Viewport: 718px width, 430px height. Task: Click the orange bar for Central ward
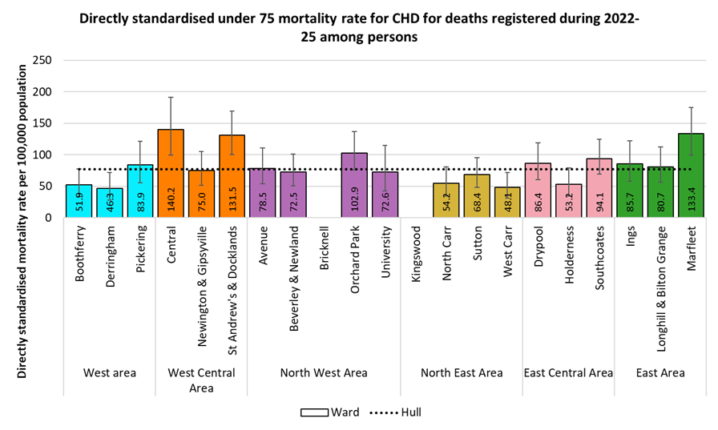click(171, 173)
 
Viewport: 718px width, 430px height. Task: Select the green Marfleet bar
click(690, 175)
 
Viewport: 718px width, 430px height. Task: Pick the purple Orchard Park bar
click(354, 185)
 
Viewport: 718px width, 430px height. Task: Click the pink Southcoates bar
click(599, 187)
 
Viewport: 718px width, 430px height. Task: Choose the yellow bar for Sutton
click(476, 195)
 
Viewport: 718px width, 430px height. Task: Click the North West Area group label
click(324, 372)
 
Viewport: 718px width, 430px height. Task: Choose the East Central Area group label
click(568, 372)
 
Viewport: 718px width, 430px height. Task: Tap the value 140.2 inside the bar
click(171, 199)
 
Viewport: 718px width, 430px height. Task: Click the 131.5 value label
click(232, 199)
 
